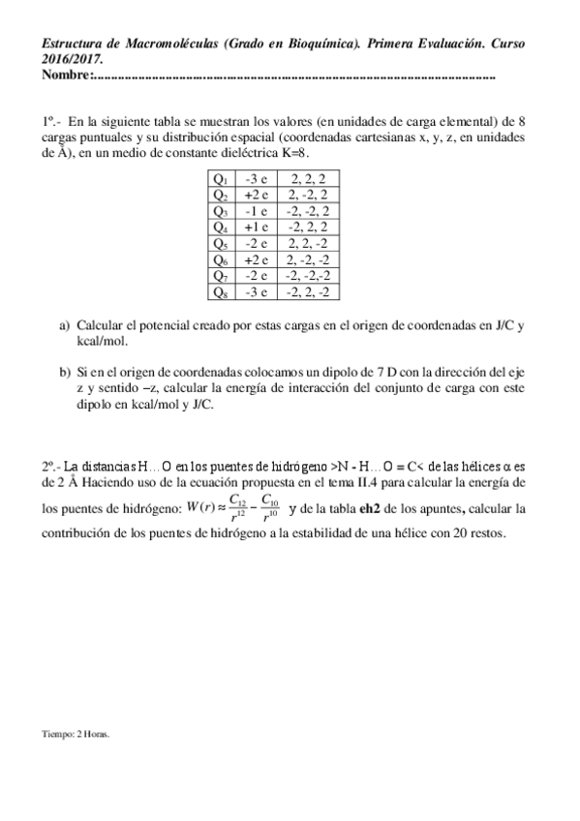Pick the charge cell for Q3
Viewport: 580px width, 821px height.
[257, 210]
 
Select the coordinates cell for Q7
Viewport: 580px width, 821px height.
[308, 275]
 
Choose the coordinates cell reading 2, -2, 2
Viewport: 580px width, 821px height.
[308, 195]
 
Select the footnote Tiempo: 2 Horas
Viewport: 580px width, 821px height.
[76, 734]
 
